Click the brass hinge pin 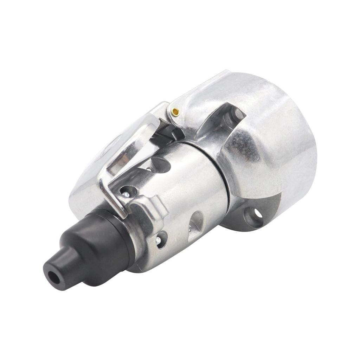click(x=175, y=112)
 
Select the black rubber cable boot click(x=88, y=246)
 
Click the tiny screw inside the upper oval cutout click(x=150, y=169)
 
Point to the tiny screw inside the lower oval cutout click(x=189, y=229)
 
